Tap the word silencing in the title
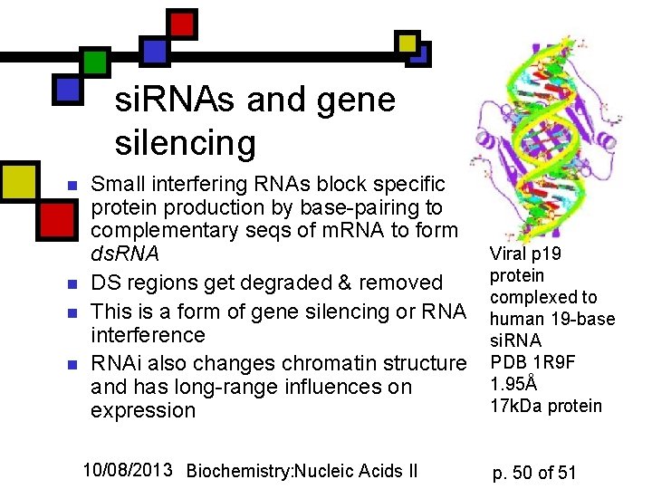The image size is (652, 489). [186, 142]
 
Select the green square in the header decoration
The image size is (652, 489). [95, 62]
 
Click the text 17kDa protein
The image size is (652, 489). [545, 406]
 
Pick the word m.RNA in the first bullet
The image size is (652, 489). [360, 231]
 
